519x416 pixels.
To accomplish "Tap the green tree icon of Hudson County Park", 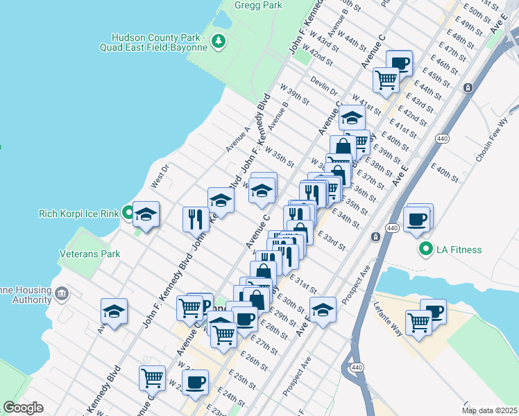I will [219, 42].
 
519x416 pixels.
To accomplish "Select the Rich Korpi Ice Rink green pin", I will [128, 213].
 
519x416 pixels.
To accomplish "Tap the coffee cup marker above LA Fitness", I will [417, 220].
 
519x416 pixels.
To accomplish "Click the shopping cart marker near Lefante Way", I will [418, 322].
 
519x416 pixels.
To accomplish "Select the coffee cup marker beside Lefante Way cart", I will [434, 311].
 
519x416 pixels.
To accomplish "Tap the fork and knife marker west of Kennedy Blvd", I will [196, 220].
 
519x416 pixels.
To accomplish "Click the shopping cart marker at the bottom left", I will [152, 379].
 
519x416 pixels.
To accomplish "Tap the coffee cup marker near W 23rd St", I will [195, 382].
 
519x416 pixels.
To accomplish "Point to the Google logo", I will [23, 408].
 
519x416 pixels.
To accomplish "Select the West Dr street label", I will [160, 176].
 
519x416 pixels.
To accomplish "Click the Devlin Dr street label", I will [323, 86].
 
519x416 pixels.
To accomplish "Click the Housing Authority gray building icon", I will [62, 294].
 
